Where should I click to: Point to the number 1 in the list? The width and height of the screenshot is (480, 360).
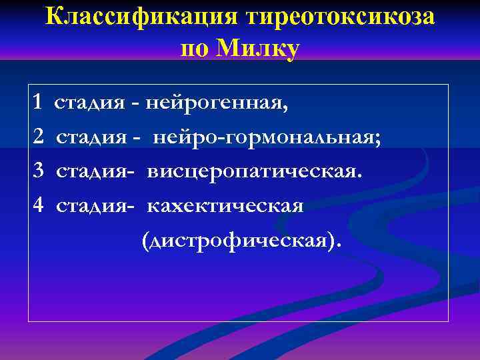[37, 103]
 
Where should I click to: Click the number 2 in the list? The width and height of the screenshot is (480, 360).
[38, 137]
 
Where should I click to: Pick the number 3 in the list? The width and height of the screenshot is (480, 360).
[38, 171]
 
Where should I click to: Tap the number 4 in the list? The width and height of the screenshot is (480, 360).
[38, 205]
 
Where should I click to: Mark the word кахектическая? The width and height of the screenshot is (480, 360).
[225, 206]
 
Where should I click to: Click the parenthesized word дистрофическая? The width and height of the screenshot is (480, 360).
[240, 240]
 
